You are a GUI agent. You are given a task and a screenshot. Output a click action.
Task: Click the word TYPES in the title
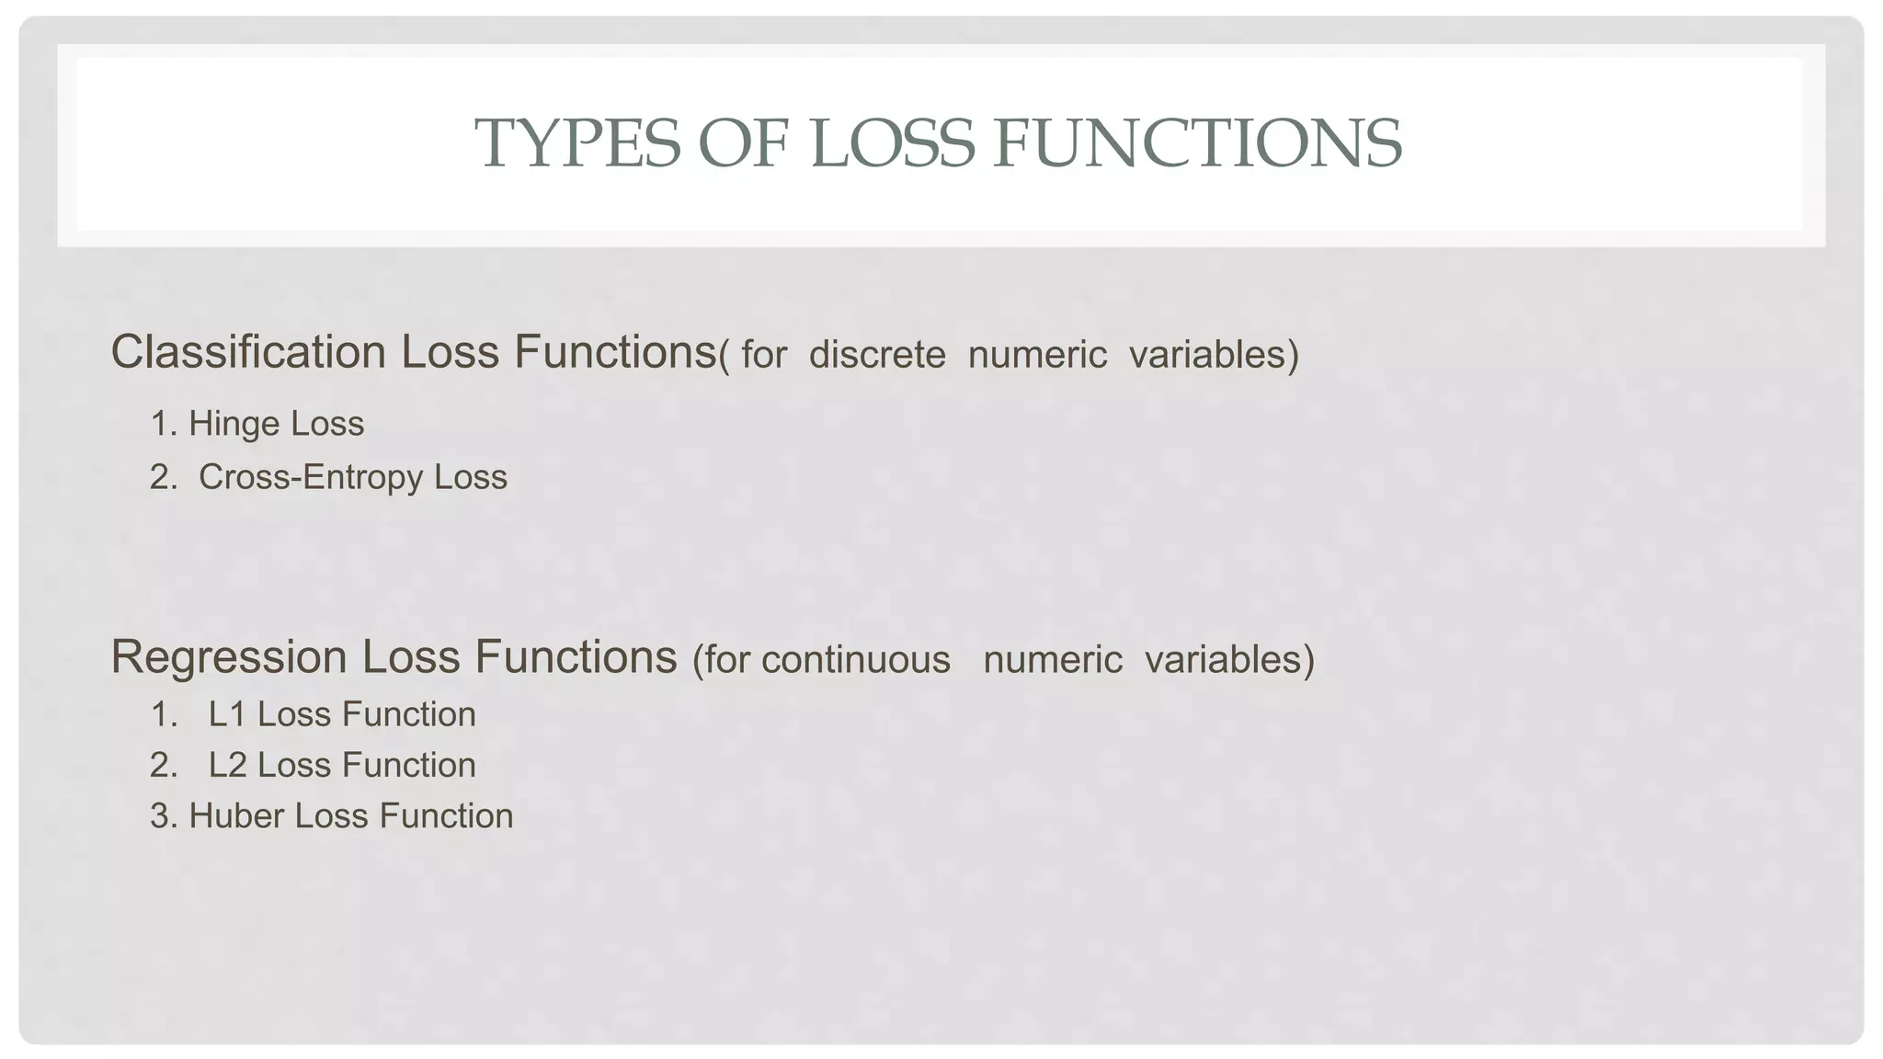tap(576, 143)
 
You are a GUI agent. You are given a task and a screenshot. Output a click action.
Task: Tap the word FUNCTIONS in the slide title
tap(1197, 143)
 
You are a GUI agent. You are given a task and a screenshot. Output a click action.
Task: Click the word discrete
tap(877, 355)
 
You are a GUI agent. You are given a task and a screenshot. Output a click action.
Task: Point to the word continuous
tap(856, 660)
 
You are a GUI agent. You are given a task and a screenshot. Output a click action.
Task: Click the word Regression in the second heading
tap(229, 657)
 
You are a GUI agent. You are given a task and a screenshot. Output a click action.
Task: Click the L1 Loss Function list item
tap(342, 714)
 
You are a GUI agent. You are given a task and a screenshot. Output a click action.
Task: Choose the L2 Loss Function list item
tap(342, 765)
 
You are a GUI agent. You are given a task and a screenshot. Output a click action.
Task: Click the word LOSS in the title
tap(891, 143)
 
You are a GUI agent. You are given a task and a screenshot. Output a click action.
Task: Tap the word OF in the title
tap(743, 143)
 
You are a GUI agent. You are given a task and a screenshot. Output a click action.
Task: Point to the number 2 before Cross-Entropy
tap(160, 477)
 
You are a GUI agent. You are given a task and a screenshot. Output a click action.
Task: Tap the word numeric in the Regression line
tap(1053, 660)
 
